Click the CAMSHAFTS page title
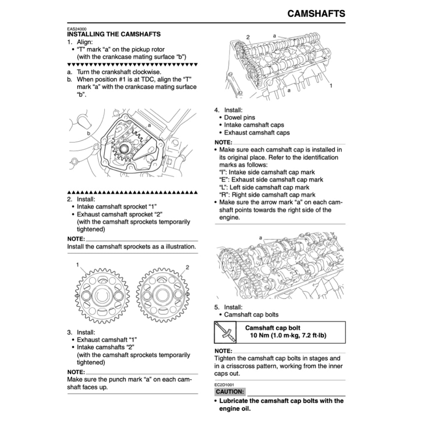tap(316, 13)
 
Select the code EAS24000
tap(77, 29)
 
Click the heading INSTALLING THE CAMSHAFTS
tap(113, 34)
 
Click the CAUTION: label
tap(230, 391)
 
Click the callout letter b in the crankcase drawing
tap(88, 134)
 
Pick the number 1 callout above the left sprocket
tap(77, 265)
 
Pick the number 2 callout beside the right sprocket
tap(187, 268)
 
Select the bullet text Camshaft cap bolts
tap(251, 315)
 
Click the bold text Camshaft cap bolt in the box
tap(273, 328)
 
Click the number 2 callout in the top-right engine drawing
tap(248, 37)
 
